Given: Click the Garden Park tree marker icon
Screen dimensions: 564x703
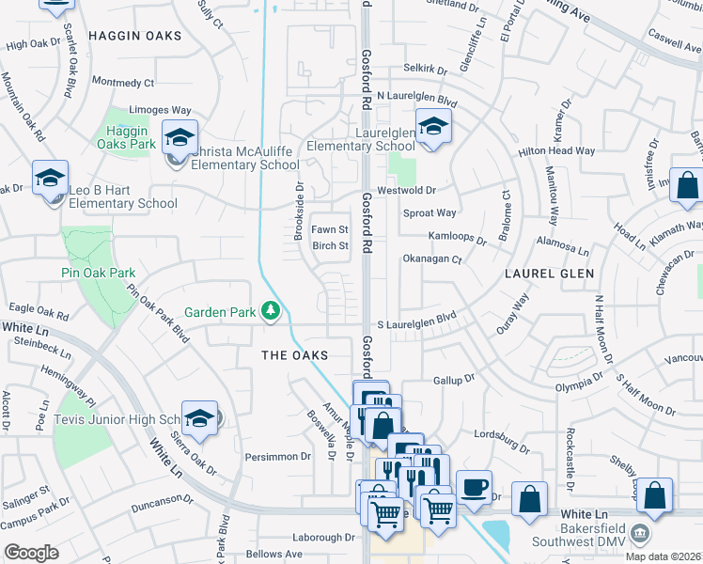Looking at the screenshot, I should pyautogui.click(x=271, y=311).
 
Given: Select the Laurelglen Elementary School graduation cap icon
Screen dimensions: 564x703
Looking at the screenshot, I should pyautogui.click(x=433, y=126).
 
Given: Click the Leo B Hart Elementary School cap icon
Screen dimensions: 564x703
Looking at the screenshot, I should pyautogui.click(x=51, y=177).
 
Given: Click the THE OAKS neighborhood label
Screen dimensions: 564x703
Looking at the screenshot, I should pyautogui.click(x=294, y=355).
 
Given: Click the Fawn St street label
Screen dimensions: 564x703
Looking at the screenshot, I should pyautogui.click(x=330, y=229).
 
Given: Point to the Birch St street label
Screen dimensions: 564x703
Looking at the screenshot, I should pyautogui.click(x=330, y=246).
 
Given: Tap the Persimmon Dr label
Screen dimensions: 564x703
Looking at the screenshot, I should pyautogui.click(x=277, y=456).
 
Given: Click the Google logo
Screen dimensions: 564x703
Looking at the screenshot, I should pyautogui.click(x=31, y=553).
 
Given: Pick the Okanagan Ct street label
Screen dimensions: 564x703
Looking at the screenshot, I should pyautogui.click(x=431, y=259).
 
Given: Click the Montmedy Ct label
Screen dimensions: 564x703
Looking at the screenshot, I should pyautogui.click(x=123, y=83).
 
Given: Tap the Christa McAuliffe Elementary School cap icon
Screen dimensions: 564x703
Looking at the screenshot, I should pyautogui.click(x=180, y=137).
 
